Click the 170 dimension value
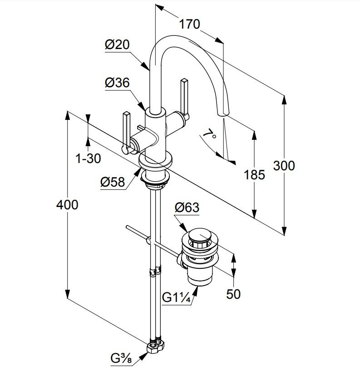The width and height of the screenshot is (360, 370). [x=189, y=24]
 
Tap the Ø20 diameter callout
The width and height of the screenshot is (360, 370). [x=117, y=44]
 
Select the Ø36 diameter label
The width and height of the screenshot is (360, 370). [x=117, y=83]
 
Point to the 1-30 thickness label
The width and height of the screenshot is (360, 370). [x=88, y=158]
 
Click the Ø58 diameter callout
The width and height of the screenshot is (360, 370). [x=113, y=182]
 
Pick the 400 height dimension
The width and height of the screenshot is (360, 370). [x=67, y=205]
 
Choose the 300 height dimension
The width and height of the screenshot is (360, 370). [x=284, y=166]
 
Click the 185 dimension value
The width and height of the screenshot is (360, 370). [x=254, y=175]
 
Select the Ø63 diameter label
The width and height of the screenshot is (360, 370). [x=187, y=207]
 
